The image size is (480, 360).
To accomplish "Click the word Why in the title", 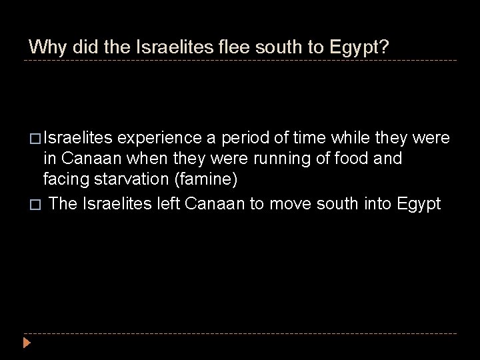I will pyautogui.click(x=45, y=47).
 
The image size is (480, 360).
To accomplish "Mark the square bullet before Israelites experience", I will pyautogui.click(x=33, y=139).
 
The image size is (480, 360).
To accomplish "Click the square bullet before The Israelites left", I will pyautogui.click(x=33, y=204).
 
